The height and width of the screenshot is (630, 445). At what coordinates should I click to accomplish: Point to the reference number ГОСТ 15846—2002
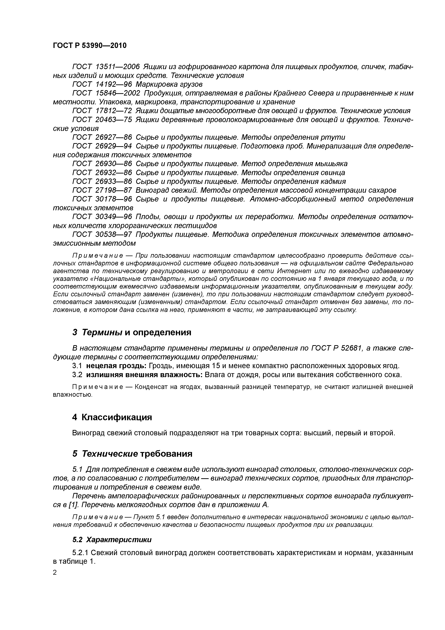[x=106, y=93]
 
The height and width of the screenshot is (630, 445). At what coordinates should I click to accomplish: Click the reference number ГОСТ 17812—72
[x=102, y=111]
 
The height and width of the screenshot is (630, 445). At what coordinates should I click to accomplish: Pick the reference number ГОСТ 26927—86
[x=102, y=137]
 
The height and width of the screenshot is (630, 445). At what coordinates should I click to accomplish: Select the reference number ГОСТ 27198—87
[x=102, y=190]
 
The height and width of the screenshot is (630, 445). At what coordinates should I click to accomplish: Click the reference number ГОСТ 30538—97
[x=102, y=234]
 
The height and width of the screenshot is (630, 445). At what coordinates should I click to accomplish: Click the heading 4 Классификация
[x=112, y=417]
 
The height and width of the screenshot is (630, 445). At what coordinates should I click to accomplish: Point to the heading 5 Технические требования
[x=132, y=454]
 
